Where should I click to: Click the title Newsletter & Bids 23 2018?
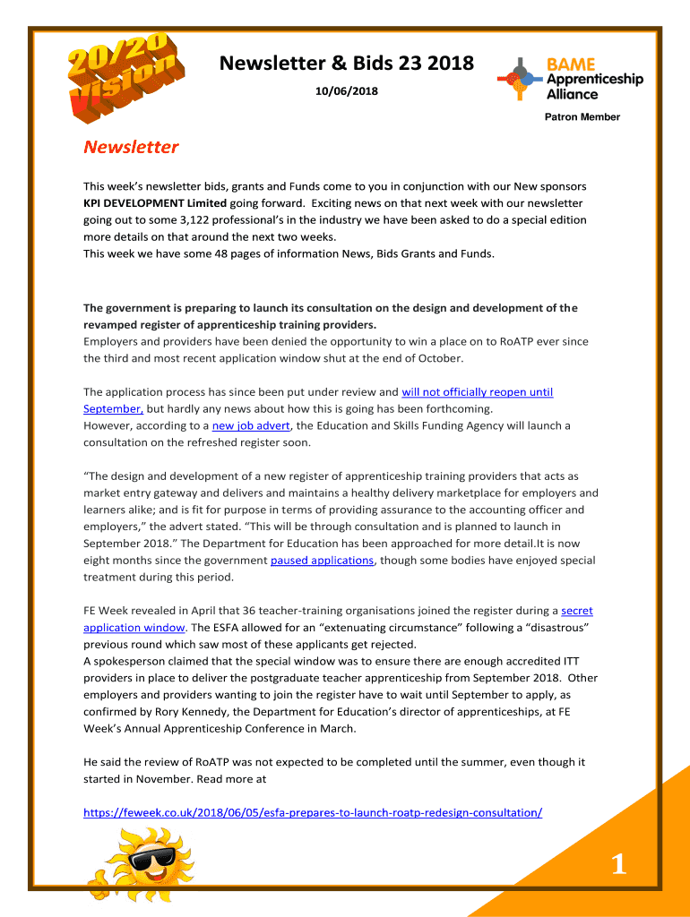pyautogui.click(x=347, y=64)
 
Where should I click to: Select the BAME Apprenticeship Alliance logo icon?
pyautogui.click(x=520, y=78)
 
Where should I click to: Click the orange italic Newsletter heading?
pyautogui.click(x=131, y=147)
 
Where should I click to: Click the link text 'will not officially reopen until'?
pyautogui.click(x=477, y=391)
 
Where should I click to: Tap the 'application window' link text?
pyautogui.click(x=134, y=627)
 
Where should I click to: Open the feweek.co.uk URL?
pyautogui.click(x=312, y=812)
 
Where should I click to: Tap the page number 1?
pyautogui.click(x=618, y=864)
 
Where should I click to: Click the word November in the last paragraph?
pyautogui.click(x=158, y=778)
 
